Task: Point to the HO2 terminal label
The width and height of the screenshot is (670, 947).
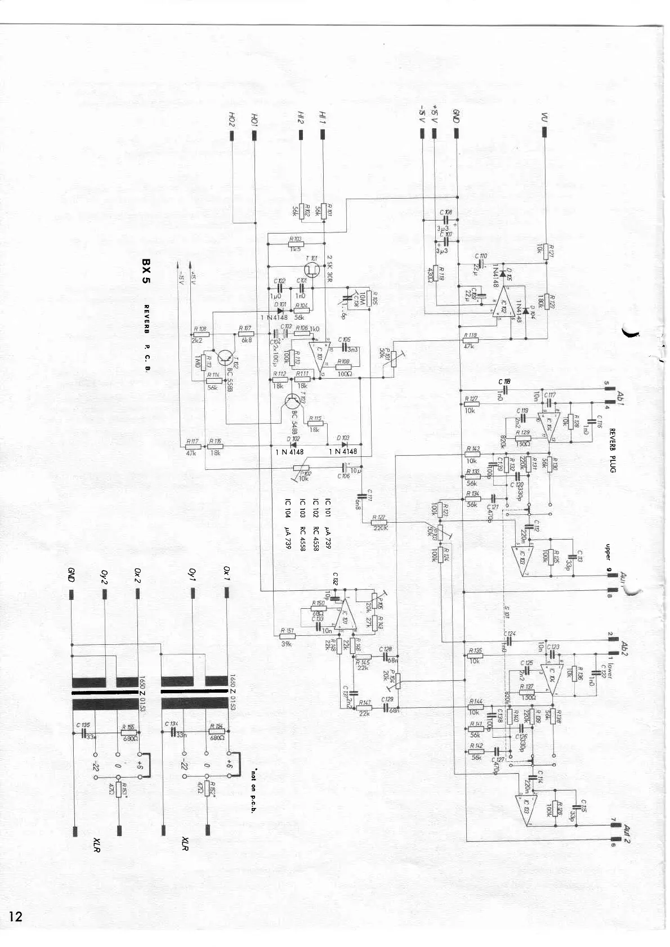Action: coord(231,119)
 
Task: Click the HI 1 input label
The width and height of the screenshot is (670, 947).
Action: coord(323,119)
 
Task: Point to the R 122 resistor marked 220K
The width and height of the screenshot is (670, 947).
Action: coord(379,523)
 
